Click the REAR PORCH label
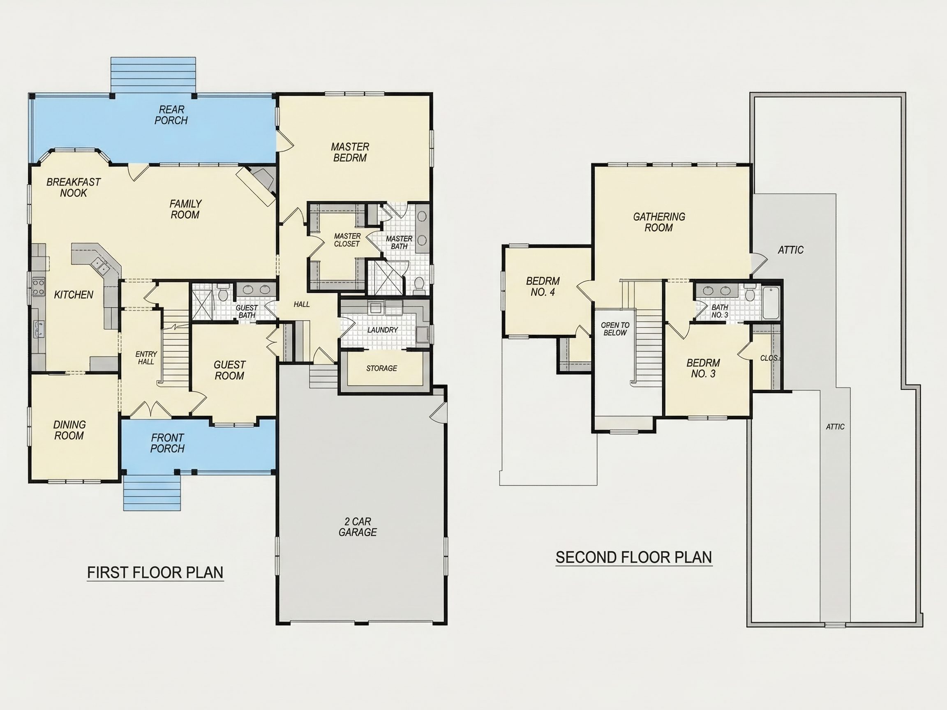(x=171, y=115)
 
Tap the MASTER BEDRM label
(x=350, y=152)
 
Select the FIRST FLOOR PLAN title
(x=155, y=573)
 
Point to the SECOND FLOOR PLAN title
(x=634, y=557)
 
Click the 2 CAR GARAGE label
(x=358, y=527)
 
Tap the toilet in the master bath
(x=419, y=284)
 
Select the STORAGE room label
(x=381, y=368)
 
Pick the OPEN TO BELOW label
(x=615, y=329)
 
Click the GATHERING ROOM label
(x=659, y=222)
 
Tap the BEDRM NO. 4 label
(x=543, y=287)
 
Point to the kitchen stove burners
(x=38, y=286)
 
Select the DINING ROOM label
(x=69, y=430)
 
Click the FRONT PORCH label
(x=167, y=443)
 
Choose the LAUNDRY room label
(x=382, y=330)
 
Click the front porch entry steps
(x=152, y=493)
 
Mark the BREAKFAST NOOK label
(x=73, y=187)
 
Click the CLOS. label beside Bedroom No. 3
(x=770, y=358)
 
